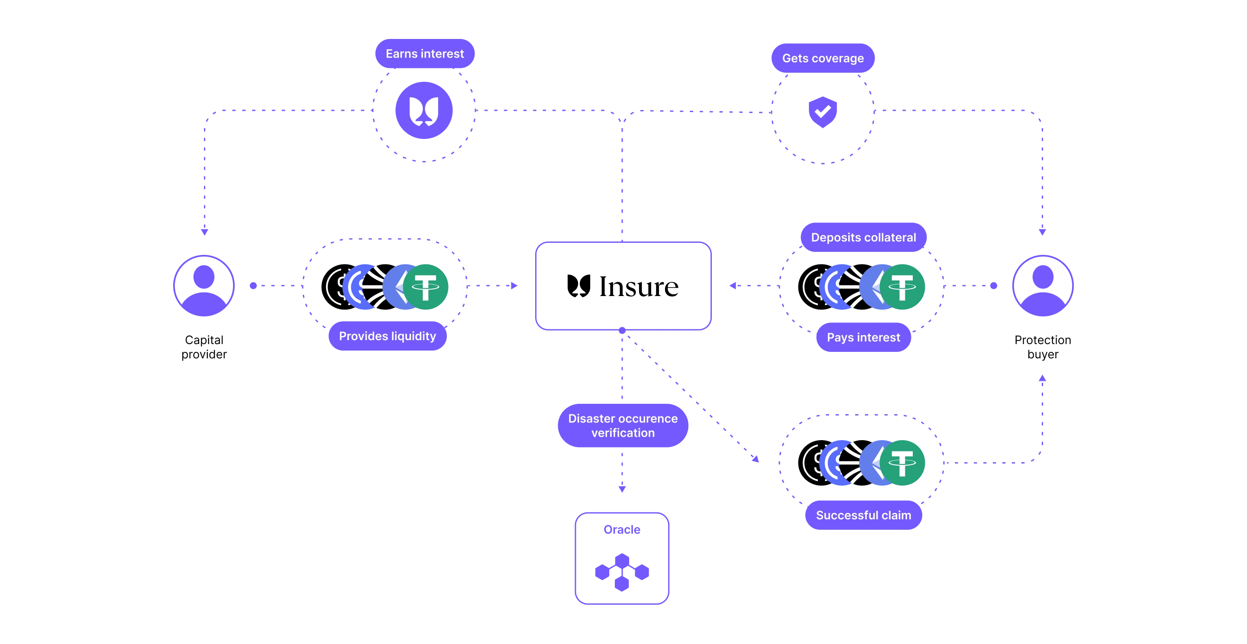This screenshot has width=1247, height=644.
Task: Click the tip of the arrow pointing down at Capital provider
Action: coord(204,235)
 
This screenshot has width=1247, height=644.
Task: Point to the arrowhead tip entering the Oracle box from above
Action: coord(622,493)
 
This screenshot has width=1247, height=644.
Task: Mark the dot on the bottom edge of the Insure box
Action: coord(622,331)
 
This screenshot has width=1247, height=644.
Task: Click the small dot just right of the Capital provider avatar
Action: coord(253,286)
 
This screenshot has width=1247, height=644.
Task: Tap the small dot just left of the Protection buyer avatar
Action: coord(994,286)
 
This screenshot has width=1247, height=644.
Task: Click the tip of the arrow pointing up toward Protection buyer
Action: coord(1042,375)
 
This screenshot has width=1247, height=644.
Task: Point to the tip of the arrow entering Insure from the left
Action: coord(517,286)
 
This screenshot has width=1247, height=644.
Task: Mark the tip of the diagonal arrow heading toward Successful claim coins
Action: coord(759,462)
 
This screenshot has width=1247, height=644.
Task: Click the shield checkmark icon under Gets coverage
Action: coord(823,112)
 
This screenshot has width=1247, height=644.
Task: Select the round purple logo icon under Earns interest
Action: coord(424,110)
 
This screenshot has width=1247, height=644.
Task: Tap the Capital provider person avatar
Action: coord(204,286)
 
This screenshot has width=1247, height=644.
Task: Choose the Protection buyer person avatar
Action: coord(1043,286)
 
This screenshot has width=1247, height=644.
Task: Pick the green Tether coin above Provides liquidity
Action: coord(426,287)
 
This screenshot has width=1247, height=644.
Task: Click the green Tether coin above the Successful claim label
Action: coord(902,463)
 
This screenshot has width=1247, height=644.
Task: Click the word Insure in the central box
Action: coord(639,287)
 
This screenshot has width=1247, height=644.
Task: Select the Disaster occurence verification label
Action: coord(623,425)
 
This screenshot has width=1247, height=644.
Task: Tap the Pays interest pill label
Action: coord(864,337)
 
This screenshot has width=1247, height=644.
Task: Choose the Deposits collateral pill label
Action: coord(864,237)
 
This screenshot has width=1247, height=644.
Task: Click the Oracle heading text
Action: coord(622,529)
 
